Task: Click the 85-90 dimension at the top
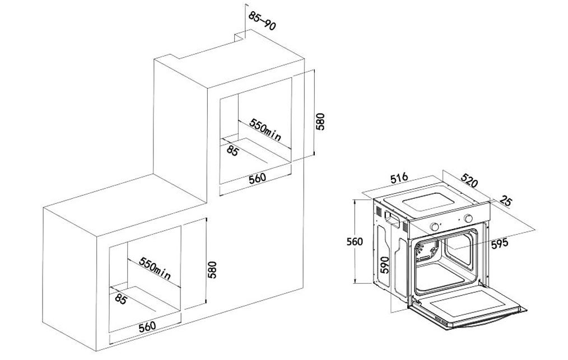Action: click(x=262, y=21)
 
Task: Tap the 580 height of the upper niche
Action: click(x=320, y=121)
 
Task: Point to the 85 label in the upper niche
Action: click(x=232, y=150)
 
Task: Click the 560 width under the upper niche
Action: click(x=257, y=178)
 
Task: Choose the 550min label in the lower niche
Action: click(x=155, y=268)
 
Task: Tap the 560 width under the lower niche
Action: click(x=147, y=326)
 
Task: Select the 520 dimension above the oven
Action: click(x=469, y=180)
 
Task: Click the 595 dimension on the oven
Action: click(x=500, y=244)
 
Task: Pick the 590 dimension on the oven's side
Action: click(x=384, y=265)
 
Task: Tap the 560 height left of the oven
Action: click(x=355, y=241)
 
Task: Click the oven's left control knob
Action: click(x=434, y=227)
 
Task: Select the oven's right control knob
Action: click(x=469, y=218)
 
